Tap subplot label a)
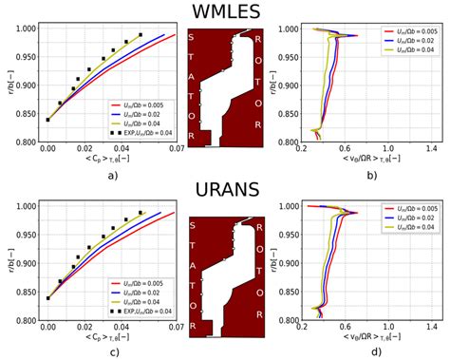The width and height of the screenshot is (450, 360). pos(112,176)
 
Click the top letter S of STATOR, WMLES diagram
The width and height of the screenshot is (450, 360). pos(192,37)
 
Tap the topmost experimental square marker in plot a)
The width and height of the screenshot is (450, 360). pos(141,35)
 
